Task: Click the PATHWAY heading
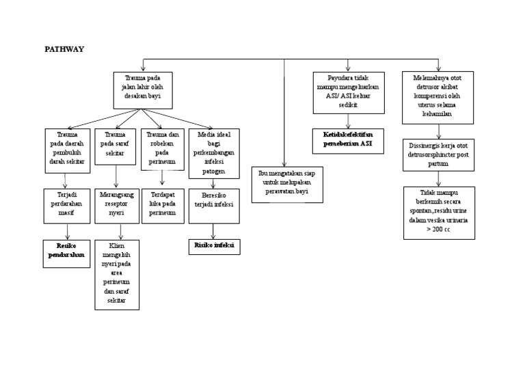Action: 64,50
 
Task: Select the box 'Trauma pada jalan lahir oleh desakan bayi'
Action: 143,90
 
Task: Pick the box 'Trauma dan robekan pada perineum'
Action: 162,149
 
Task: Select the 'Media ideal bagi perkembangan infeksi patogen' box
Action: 213,153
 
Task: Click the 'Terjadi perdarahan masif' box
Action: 66,206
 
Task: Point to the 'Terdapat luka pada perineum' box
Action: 162,204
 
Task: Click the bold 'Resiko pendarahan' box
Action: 66,252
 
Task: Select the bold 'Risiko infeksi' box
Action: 213,246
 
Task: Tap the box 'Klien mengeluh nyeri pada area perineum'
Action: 116,274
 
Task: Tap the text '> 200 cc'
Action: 437,230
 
